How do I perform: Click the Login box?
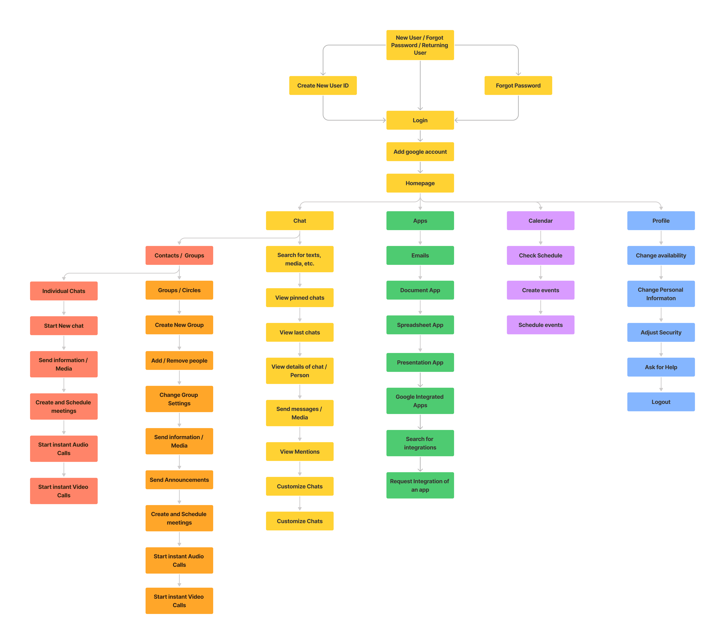(420, 120)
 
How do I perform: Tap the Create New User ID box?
(323, 85)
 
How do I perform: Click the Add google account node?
(420, 152)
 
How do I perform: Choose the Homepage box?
(420, 183)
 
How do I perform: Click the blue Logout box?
(661, 402)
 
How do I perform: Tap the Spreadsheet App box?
(420, 325)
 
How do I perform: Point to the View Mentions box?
(300, 451)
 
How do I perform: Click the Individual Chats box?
(64, 291)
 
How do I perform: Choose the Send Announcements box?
(179, 480)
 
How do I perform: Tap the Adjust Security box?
(661, 332)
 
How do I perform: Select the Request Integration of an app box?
(420, 485)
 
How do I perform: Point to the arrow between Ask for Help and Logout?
(661, 384)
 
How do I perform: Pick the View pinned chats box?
(300, 297)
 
